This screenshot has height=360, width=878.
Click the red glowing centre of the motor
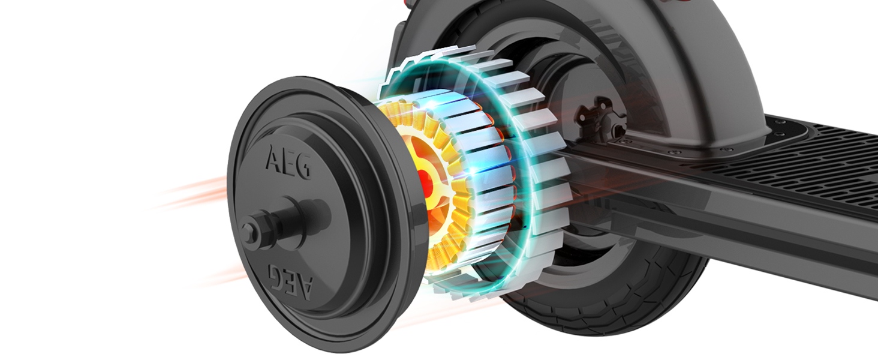[x=425, y=180]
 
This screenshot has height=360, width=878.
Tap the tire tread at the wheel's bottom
[x=600, y=312]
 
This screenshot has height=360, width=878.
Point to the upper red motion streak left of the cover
[x=192, y=192]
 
